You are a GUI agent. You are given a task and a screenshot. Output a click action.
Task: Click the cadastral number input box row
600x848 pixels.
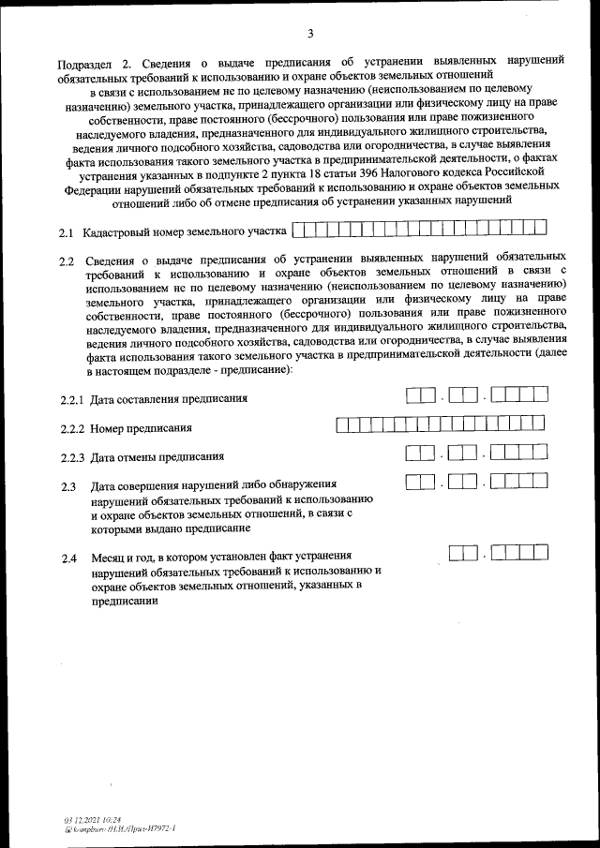(419, 228)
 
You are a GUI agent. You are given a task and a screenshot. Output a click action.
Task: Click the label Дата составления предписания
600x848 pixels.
(169, 399)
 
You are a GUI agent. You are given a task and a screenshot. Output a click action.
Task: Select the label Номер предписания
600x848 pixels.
(142, 428)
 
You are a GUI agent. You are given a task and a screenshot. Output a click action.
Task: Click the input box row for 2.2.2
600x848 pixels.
(442, 425)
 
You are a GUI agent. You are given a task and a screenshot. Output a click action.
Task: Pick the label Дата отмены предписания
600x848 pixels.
(157, 457)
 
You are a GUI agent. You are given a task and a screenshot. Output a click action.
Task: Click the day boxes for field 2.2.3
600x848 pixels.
(421, 454)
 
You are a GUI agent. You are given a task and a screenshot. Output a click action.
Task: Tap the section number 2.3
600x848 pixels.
(67, 486)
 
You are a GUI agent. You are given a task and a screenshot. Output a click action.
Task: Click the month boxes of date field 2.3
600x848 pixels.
(462, 484)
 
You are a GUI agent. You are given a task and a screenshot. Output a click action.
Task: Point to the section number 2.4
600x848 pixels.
(67, 558)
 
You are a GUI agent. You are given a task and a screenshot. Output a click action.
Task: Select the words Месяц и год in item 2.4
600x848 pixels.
(125, 558)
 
